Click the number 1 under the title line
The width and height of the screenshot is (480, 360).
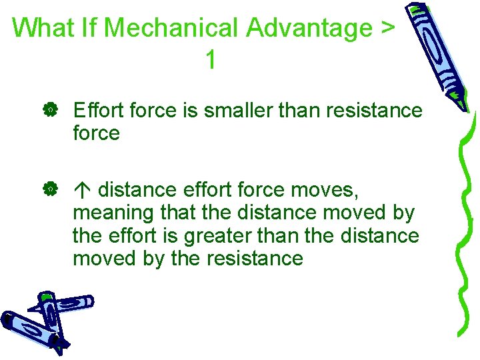click(210, 61)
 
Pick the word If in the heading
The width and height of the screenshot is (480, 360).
click(89, 28)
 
